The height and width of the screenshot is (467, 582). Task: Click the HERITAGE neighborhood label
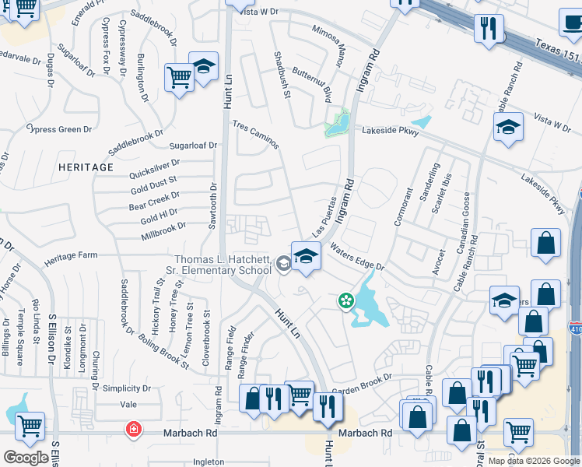coord(85,167)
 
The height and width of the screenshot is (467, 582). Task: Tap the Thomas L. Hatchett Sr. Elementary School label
coord(222,265)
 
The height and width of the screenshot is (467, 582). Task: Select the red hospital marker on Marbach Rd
coord(134,429)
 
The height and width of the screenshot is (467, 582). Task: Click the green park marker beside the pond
coord(344,300)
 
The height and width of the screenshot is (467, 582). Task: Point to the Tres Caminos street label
coord(255,134)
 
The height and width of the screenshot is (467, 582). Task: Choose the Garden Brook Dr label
coord(362,392)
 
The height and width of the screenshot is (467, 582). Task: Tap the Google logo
coord(26,457)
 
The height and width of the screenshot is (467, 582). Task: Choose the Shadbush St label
coord(281,75)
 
